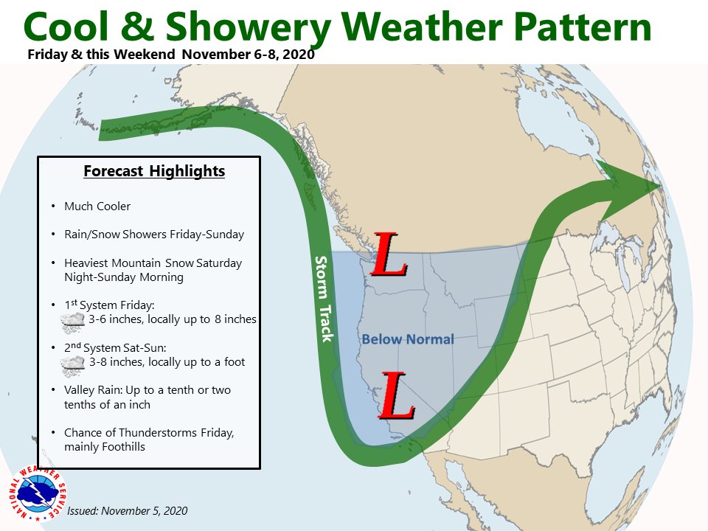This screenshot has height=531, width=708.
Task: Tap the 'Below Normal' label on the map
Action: (x=408, y=339)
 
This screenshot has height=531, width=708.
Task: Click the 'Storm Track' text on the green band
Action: (x=324, y=299)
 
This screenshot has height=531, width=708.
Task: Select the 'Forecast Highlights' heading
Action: (x=154, y=171)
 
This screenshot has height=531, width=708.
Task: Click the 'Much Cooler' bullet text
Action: (x=97, y=206)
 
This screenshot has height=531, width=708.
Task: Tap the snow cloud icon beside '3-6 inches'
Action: (x=73, y=322)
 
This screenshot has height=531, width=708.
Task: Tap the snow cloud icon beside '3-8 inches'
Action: (x=73, y=365)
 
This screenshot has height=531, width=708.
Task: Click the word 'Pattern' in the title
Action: (x=583, y=27)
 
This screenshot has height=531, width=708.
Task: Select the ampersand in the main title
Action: (x=137, y=27)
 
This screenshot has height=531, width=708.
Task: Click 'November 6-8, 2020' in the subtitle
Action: (x=249, y=54)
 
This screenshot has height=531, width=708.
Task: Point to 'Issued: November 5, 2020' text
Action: (x=128, y=510)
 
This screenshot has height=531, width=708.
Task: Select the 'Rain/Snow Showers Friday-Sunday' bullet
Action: (x=154, y=235)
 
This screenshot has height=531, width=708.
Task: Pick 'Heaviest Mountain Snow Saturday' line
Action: (x=153, y=263)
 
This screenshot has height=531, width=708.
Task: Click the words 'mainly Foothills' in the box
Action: (x=105, y=447)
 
